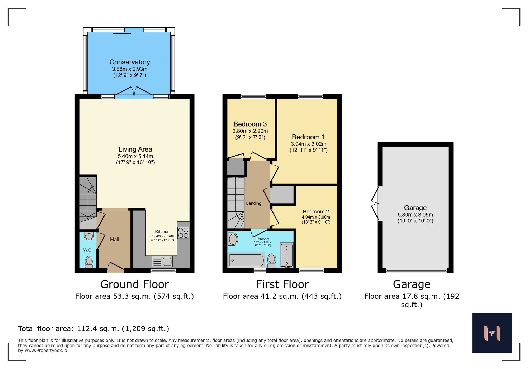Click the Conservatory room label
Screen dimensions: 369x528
(x=130, y=62)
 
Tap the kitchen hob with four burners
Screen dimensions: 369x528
(x=183, y=233)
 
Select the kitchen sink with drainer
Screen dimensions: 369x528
(x=162, y=261)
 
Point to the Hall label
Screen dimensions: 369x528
(x=115, y=239)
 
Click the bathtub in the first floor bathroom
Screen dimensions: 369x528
(x=246, y=260)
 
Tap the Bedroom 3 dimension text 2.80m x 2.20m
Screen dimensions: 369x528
(x=250, y=131)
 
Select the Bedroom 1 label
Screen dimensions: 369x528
(x=308, y=137)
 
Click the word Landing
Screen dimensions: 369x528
(x=254, y=203)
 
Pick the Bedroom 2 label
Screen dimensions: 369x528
(x=316, y=212)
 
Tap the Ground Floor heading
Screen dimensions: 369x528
(x=134, y=284)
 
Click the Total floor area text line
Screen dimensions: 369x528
(x=93, y=329)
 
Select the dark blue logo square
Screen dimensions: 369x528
(x=492, y=333)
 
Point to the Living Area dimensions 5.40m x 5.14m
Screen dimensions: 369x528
(x=135, y=156)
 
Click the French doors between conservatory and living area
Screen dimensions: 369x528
(x=134, y=91)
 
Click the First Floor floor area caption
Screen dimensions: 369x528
(x=282, y=297)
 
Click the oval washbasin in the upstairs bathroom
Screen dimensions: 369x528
(x=233, y=239)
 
